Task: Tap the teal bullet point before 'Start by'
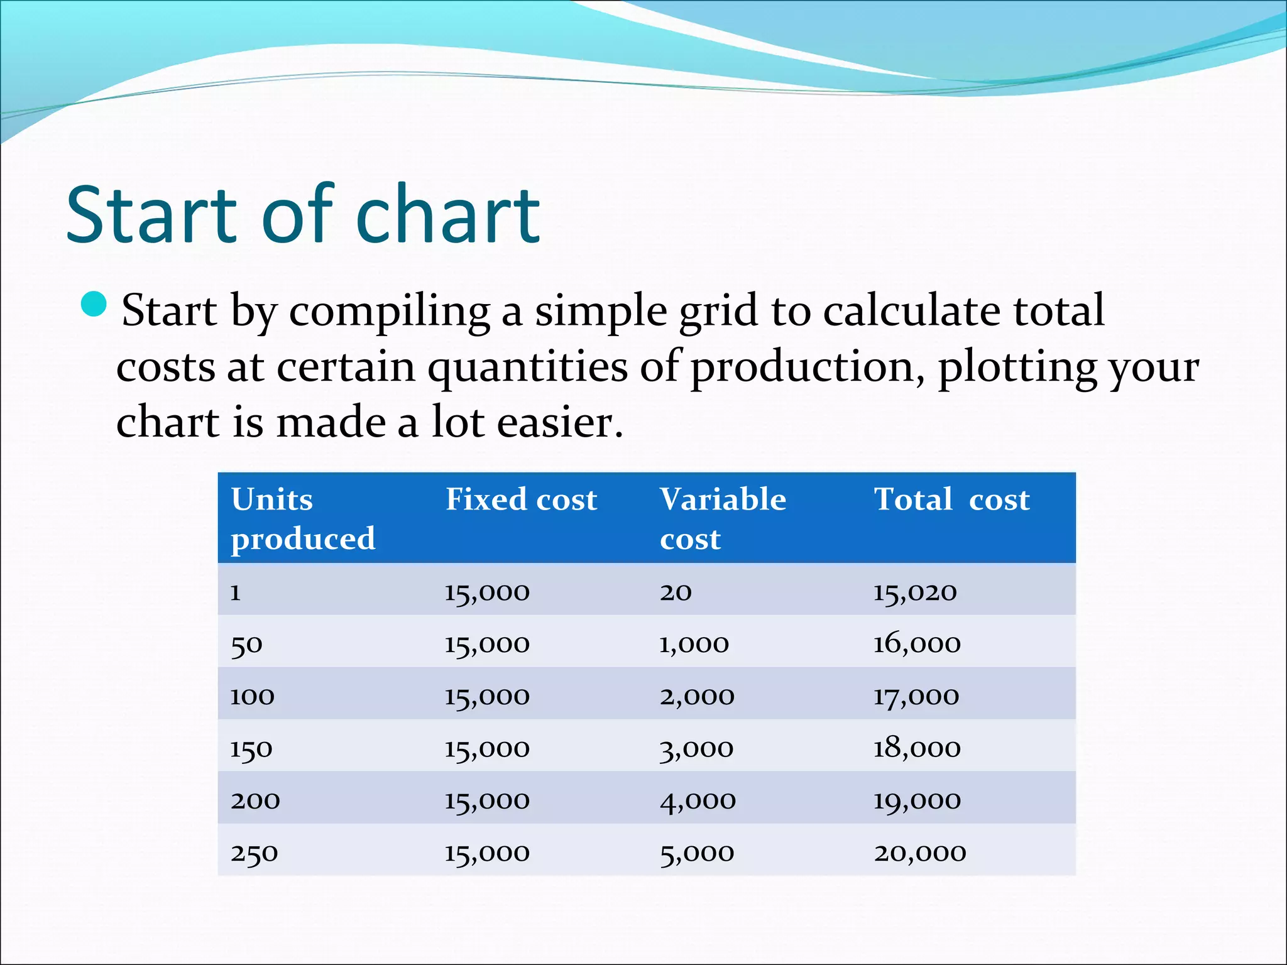94,304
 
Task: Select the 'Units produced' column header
303,518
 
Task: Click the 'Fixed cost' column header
521,500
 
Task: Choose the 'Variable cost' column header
723,518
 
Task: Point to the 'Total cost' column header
951,500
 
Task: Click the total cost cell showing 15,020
915,591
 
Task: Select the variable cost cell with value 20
676,591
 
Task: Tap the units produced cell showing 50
246,644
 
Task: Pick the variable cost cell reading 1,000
694,644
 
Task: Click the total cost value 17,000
916,696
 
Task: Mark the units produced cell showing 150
251,748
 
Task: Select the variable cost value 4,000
698,800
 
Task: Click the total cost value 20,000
920,853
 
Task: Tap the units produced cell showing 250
254,853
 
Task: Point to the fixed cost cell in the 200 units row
487,800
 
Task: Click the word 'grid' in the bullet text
718,311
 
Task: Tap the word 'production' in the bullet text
807,367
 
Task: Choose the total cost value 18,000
917,748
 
